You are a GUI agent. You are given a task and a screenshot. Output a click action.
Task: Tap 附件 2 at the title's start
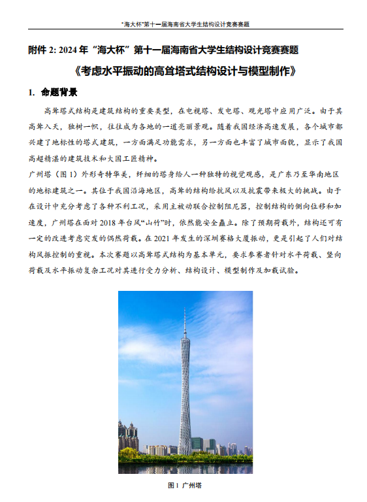(x=42, y=50)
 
